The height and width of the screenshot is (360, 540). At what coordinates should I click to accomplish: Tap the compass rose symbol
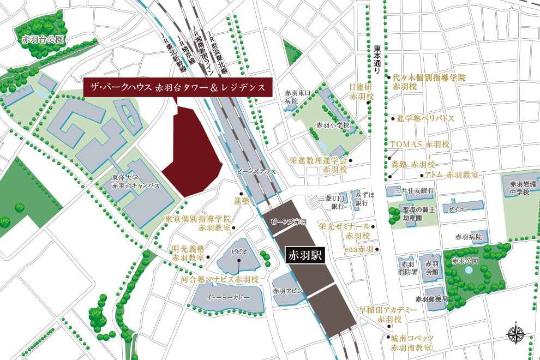515,334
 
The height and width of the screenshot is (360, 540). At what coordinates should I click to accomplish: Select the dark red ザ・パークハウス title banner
177,87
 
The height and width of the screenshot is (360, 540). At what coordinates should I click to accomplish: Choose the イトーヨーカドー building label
227,298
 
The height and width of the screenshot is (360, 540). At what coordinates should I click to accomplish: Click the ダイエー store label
457,209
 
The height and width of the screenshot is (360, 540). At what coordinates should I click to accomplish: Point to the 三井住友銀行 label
413,191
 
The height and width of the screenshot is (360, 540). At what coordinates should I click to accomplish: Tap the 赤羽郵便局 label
431,299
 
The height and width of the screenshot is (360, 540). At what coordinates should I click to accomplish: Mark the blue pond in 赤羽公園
469,270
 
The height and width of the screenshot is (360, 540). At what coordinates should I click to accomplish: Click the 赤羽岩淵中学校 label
522,188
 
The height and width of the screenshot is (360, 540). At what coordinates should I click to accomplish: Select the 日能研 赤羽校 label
362,92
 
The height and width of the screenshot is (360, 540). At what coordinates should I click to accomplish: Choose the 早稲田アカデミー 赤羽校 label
388,314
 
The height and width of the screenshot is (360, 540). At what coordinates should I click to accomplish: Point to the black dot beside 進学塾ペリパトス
392,118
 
